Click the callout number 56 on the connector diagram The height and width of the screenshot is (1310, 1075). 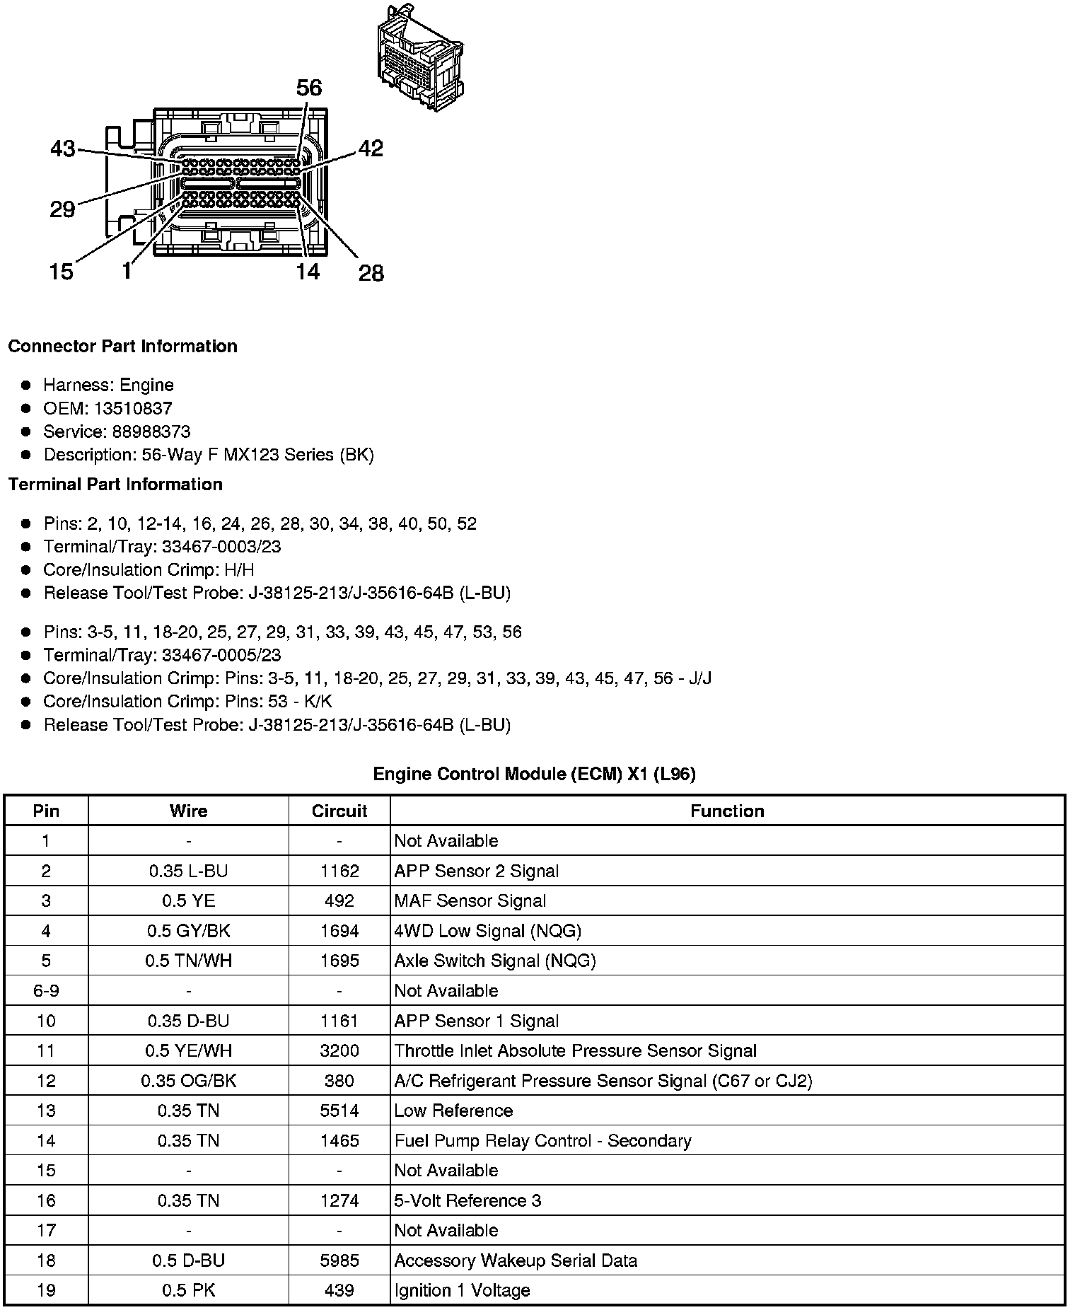[308, 88]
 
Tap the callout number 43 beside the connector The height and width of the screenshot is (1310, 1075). [63, 149]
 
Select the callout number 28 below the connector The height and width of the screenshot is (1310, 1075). [371, 272]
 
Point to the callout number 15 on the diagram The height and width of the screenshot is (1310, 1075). [62, 272]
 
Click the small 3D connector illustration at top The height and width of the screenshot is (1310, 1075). [420, 57]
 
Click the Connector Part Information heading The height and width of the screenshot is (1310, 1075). [122, 346]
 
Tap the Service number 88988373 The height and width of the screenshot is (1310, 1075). [151, 431]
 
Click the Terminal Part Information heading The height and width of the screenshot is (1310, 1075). [115, 484]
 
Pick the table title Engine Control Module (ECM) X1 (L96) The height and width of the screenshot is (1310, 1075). [534, 774]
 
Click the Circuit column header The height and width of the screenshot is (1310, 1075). [339, 811]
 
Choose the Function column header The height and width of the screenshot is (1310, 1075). [727, 811]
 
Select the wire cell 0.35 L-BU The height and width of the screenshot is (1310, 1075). [188, 871]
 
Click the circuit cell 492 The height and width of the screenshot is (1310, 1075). [339, 900]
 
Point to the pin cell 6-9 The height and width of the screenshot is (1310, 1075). [46, 990]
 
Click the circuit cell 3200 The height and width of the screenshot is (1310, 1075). [339, 1050]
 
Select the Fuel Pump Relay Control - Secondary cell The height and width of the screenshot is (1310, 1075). [542, 1140]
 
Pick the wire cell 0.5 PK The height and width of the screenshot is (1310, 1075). [188, 1290]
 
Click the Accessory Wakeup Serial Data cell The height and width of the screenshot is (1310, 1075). [516, 1260]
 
